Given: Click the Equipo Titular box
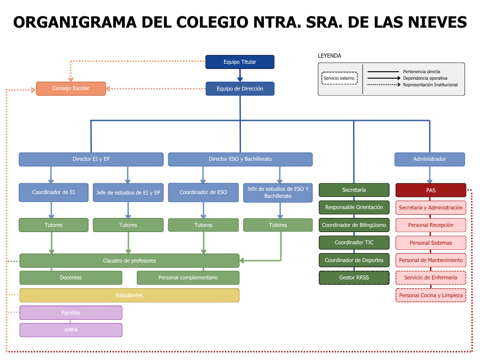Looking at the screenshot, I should coord(240,62).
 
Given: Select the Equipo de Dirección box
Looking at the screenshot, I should coord(240,89).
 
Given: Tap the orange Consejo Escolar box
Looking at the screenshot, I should coord(71,89).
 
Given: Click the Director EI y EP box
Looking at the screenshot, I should coord(91,159).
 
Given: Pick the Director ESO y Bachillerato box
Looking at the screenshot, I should coord(240,159).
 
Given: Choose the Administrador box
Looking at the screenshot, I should coord(429,159).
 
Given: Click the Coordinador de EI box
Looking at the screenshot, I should coord(53,193).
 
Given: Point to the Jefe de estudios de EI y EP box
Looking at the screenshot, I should coord(128,193).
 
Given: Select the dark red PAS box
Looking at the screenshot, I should coord(431,190).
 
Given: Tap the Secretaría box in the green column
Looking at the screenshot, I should coord(354,190).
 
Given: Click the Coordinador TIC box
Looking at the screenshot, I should coord(354,243).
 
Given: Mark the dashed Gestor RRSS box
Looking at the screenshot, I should coord(354,277).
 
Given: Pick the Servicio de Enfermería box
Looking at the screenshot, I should coord(431,277).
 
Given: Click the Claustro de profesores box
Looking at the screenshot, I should coord(129,261).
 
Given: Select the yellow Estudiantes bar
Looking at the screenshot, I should coord(129,295).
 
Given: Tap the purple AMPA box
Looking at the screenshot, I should coord(71,330).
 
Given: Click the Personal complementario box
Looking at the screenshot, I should coord(188,277).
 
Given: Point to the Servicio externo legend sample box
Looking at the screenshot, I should coord(339,78).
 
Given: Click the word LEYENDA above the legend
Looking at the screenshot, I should coord(330,56).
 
